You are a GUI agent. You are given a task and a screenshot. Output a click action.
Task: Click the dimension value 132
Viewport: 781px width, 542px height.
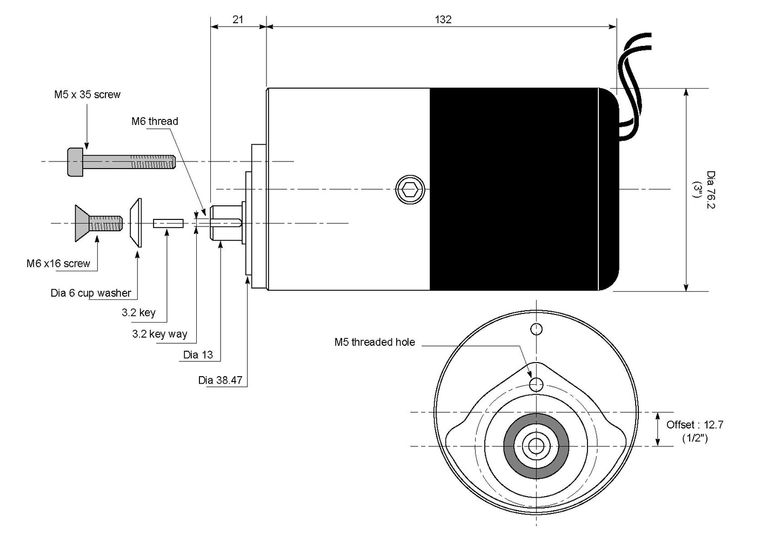point(443,19)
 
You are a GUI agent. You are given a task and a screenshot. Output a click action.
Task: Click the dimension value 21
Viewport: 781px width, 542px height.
point(238,19)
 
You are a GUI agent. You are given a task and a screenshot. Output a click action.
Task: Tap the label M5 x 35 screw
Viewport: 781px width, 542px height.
point(87,95)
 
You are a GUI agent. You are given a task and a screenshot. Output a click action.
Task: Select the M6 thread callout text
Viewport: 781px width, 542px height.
point(155,121)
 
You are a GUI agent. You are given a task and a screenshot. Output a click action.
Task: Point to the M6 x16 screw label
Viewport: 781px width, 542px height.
point(58,263)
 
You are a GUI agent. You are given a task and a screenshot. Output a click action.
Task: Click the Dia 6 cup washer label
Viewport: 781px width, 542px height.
point(91,293)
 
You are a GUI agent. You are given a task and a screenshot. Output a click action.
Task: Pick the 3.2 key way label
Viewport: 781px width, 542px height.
point(159,334)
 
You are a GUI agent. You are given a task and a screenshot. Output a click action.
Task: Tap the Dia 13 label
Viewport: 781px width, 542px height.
point(198,355)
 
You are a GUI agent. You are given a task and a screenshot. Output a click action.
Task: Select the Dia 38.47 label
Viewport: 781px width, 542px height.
point(220,380)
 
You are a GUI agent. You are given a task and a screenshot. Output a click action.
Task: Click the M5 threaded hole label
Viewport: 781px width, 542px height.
point(375,342)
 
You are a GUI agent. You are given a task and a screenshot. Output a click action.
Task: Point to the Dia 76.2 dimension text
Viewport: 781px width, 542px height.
point(711,190)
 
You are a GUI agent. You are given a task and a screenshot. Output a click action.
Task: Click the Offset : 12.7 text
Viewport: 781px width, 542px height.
point(695,425)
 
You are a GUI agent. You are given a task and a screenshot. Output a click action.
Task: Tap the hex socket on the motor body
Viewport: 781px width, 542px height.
point(410,190)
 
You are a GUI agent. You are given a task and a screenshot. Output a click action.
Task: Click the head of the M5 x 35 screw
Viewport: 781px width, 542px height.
point(75,162)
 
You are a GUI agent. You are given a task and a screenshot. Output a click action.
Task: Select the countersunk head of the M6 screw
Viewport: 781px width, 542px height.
point(82,223)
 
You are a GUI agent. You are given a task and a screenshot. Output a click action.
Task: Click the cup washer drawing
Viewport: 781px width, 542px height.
point(136,223)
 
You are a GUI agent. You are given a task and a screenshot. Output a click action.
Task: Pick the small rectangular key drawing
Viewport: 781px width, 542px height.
point(168,223)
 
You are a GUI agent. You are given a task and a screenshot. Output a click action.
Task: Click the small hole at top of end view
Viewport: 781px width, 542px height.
point(536,329)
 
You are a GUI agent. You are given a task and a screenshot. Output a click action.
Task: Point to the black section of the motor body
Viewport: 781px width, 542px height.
point(523,189)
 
